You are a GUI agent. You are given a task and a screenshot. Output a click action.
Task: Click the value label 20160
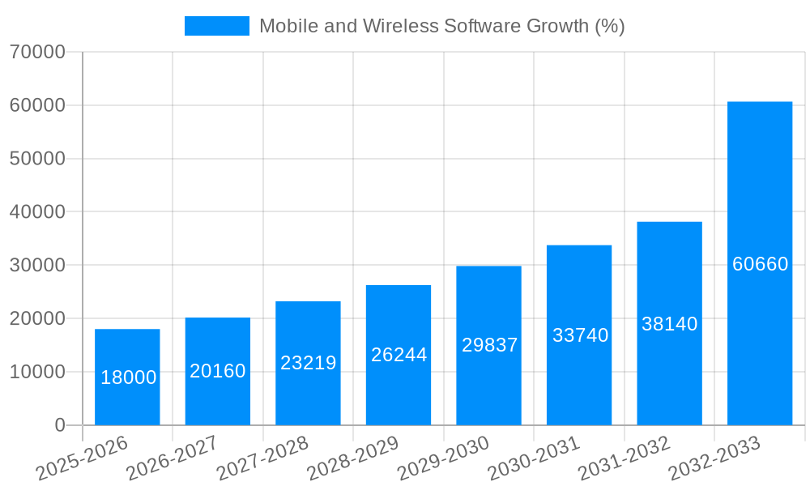tap(218, 371)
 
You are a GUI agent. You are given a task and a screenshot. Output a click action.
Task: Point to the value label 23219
tap(308, 363)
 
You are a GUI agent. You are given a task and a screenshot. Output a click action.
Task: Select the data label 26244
tap(399, 355)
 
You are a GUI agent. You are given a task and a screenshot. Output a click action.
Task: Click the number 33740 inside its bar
tap(580, 335)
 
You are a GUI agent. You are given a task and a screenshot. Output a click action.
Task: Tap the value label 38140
tap(669, 324)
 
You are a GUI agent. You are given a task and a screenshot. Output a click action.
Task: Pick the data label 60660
tap(760, 264)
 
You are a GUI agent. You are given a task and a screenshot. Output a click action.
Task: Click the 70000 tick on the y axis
tap(37, 53)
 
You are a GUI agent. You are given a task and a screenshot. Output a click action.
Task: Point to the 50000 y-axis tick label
tap(37, 159)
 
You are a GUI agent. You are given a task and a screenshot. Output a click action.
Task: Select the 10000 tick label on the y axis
tap(37, 372)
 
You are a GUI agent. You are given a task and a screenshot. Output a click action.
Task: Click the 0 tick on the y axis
tap(60, 425)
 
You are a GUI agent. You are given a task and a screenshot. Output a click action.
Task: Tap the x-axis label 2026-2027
tap(172, 458)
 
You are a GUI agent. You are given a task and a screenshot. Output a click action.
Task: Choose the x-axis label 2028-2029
tap(352, 458)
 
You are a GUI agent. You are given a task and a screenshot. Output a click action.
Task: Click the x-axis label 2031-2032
tap(624, 458)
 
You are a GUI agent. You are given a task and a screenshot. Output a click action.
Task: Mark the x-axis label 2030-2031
tap(533, 458)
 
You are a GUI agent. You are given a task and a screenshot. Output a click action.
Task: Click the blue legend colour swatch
tap(216, 26)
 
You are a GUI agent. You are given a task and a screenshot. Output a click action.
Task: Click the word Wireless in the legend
tap(401, 26)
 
